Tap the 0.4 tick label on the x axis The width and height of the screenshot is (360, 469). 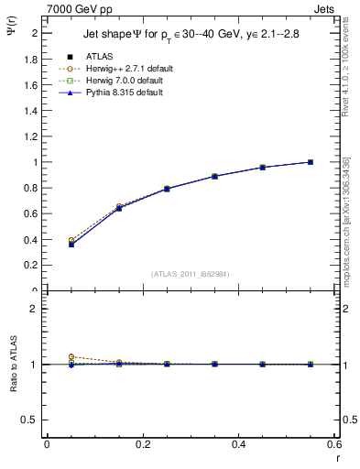coord(238,444)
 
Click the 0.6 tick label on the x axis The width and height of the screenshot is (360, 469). coord(334,444)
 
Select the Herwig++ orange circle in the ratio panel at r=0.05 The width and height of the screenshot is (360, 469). coord(71,356)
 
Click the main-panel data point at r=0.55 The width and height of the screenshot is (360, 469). coord(311,162)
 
